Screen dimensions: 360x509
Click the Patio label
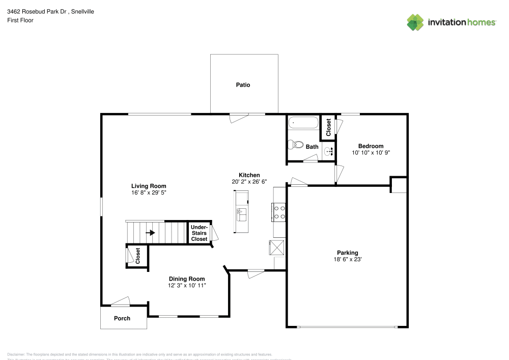click(243, 85)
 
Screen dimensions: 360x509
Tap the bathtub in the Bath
click(303, 123)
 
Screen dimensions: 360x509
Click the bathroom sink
click(328, 151)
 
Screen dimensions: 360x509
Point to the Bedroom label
click(371, 146)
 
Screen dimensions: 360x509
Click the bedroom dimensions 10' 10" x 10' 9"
click(371, 153)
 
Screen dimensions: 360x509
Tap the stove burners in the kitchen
click(279, 211)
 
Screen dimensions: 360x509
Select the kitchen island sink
click(241, 211)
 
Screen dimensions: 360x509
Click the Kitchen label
click(249, 175)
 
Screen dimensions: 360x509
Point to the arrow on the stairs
click(151, 233)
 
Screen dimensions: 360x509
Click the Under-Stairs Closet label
click(199, 233)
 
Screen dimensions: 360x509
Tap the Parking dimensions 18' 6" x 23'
click(347, 260)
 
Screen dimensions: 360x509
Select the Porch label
click(122, 318)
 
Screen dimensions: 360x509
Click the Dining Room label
click(187, 279)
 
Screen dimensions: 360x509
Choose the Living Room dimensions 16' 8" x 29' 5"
click(149, 193)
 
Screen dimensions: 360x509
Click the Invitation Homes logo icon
click(415, 22)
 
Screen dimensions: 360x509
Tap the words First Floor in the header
click(20, 20)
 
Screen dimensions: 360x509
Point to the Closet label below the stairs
click(137, 256)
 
